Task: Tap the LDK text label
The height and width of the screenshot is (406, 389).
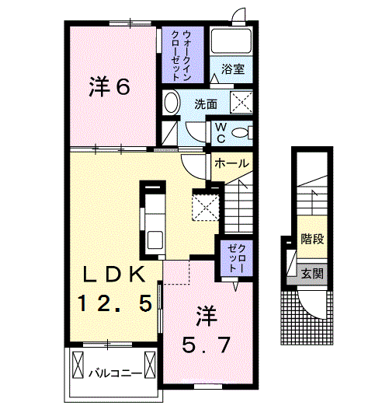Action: [x=113, y=275]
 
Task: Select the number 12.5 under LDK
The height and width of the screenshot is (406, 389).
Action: [x=113, y=303]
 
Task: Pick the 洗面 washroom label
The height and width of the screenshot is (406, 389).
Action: [x=205, y=103]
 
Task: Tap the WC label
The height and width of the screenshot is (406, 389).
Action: [x=221, y=131]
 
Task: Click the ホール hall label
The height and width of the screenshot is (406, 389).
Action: [x=231, y=164]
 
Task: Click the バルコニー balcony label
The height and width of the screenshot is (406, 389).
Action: [x=114, y=373]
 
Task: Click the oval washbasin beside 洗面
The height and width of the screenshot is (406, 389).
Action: [x=172, y=102]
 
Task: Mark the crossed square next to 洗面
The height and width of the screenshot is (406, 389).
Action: [x=241, y=102]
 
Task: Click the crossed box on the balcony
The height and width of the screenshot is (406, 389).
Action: [x=79, y=363]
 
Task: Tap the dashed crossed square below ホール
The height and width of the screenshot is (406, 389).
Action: [x=204, y=207]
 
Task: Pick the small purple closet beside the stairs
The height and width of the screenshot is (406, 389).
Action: [x=233, y=257]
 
